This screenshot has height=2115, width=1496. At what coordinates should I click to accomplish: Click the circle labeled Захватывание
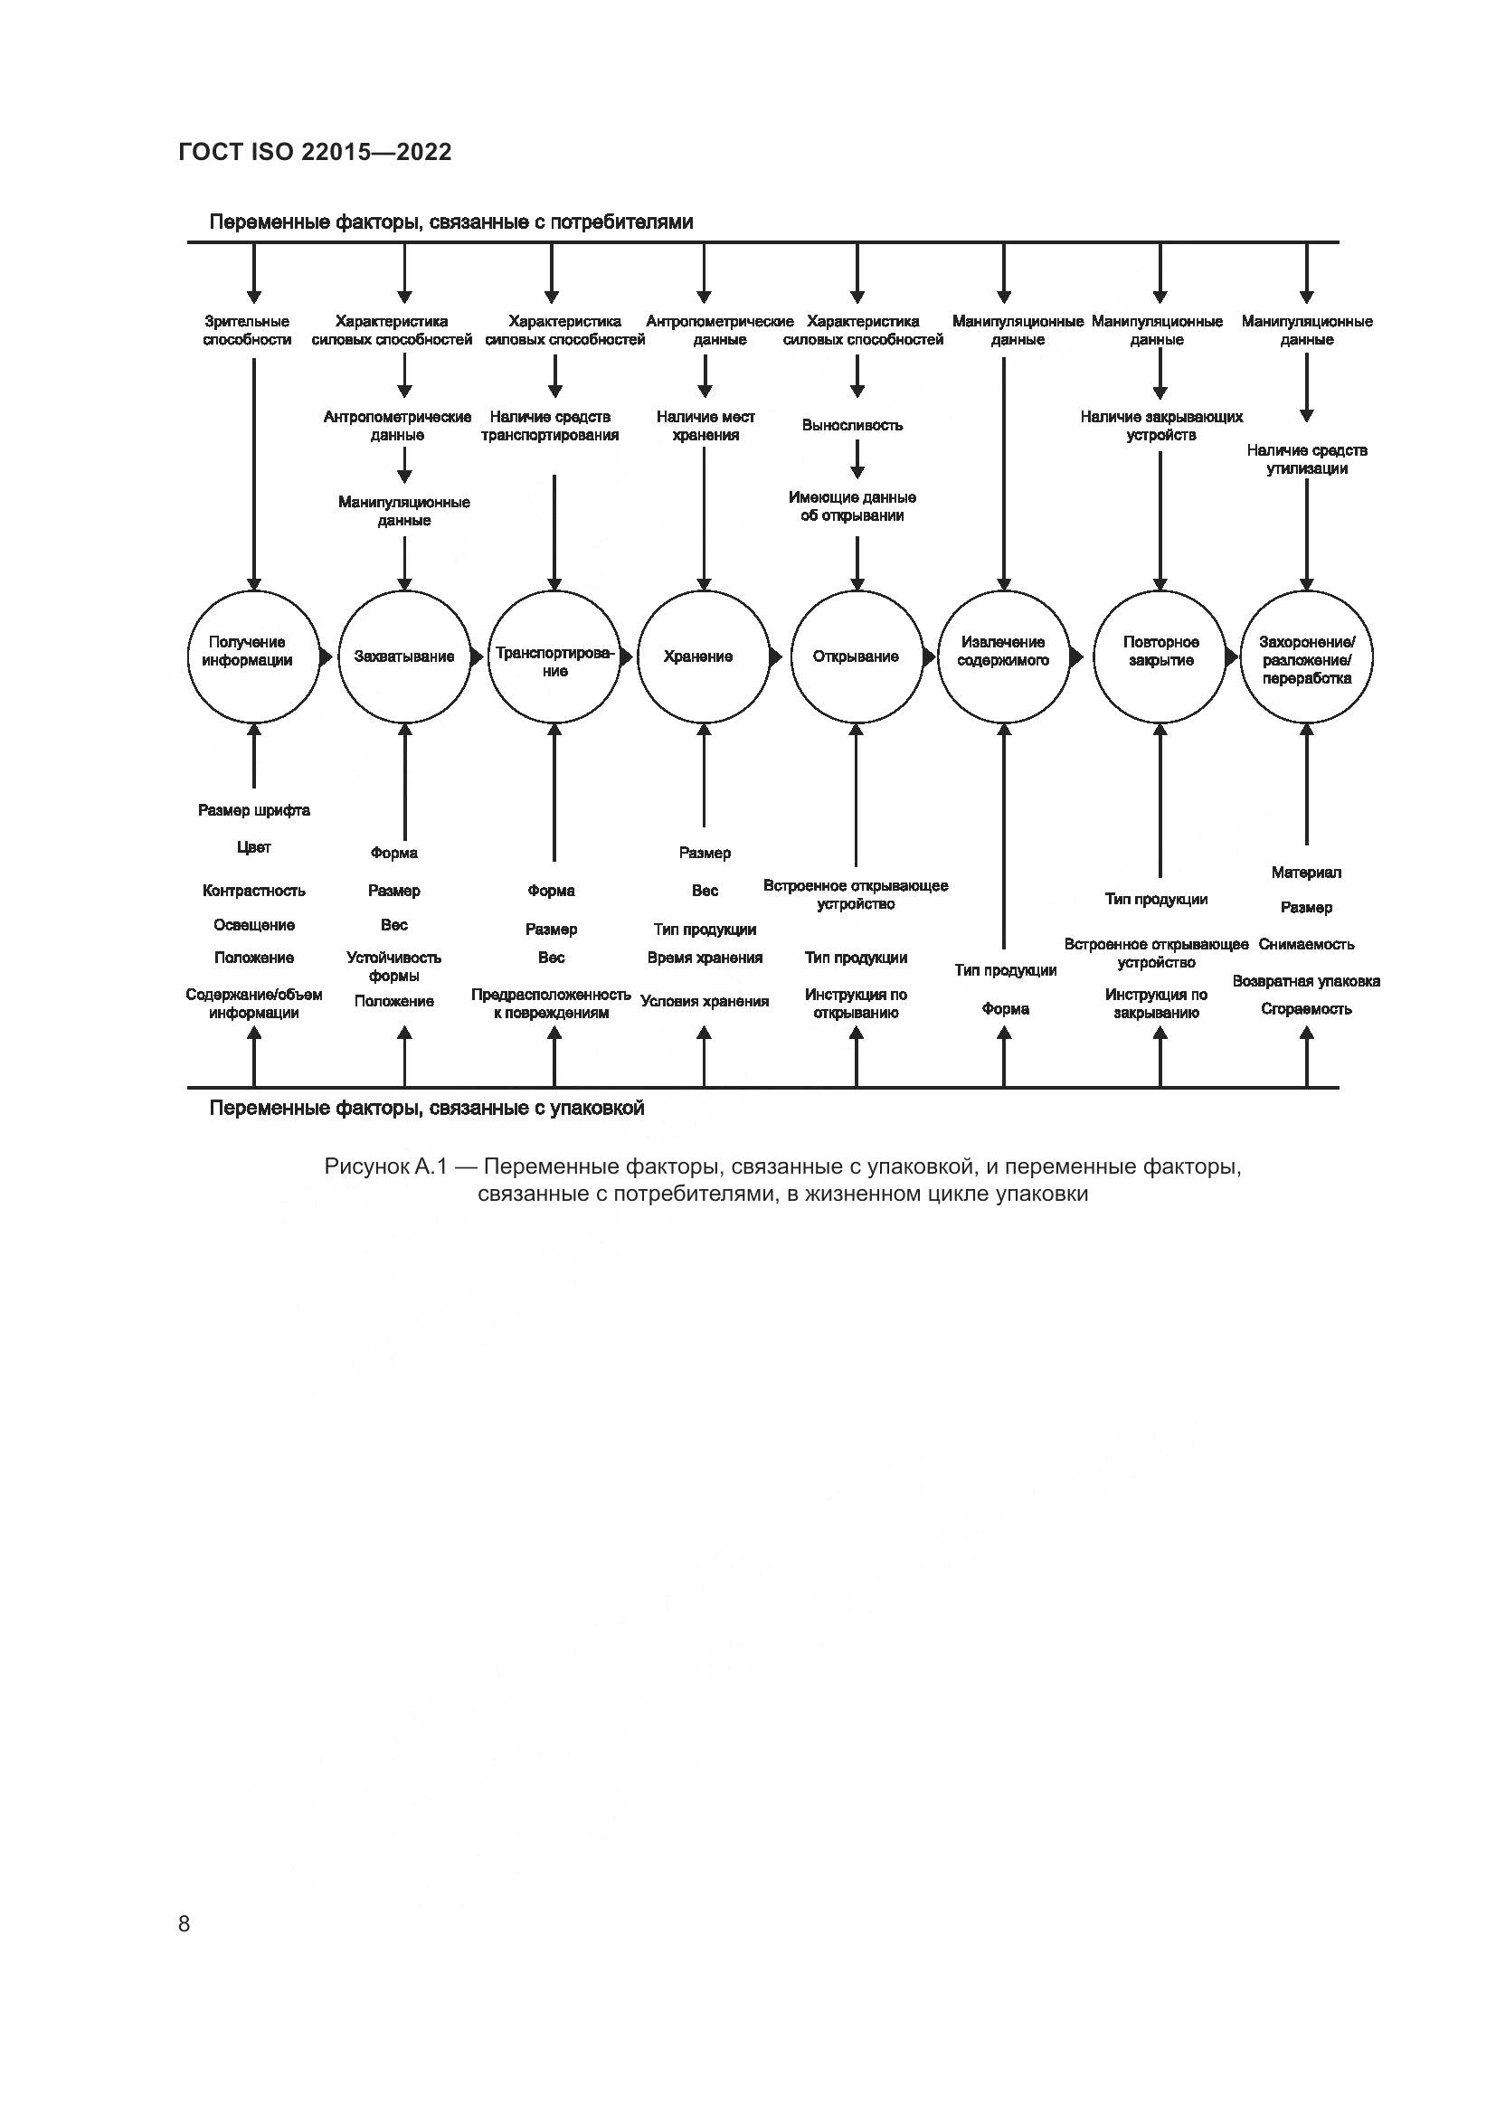404,656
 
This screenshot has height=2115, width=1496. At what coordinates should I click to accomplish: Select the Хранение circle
704,656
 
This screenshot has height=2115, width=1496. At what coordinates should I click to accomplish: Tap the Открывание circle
857,656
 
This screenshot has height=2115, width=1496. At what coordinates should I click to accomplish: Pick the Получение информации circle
254,656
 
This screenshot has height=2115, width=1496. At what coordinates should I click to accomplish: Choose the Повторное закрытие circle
1160,656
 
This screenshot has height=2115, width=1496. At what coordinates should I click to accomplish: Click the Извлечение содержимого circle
1004,656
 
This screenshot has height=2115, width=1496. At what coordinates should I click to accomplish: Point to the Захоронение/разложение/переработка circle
1306,656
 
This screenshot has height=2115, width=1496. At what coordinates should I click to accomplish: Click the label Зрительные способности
247,331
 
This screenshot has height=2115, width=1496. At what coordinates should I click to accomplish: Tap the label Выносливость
852,426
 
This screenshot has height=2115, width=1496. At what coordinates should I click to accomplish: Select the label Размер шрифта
254,810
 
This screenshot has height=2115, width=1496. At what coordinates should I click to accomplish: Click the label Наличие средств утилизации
1306,459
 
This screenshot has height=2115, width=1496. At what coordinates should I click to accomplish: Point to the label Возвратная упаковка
1306,981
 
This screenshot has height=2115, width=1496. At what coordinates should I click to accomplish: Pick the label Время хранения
705,958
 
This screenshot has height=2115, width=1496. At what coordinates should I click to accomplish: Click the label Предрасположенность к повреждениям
551,1004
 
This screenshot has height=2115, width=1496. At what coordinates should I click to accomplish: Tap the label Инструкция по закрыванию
1156,1004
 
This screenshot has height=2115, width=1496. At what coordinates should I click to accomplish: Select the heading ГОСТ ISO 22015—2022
315,152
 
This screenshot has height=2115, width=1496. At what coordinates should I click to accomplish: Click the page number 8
185,1923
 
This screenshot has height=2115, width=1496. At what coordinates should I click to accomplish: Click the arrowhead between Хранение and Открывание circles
777,656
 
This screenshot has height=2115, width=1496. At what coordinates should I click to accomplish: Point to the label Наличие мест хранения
705,427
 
